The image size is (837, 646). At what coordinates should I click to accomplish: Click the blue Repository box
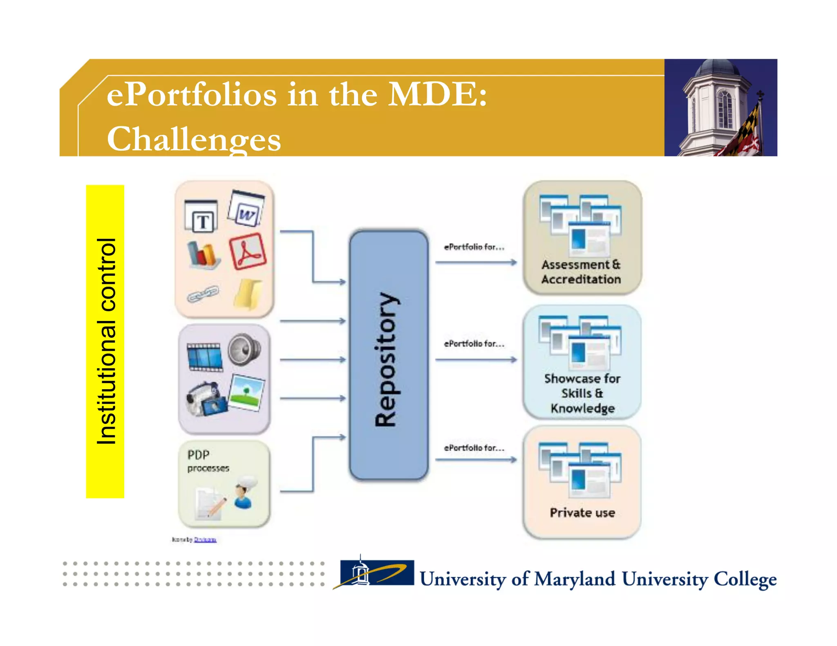pyautogui.click(x=388, y=354)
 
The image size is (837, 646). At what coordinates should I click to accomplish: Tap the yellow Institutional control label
pyautogui.click(x=105, y=341)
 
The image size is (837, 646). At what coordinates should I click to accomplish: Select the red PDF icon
pyautogui.click(x=248, y=251)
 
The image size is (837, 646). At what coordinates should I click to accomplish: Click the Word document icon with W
pyautogui.click(x=246, y=209)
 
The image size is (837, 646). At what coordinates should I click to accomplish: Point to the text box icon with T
pyautogui.click(x=201, y=216)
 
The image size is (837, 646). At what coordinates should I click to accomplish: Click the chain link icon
pyautogui.click(x=203, y=294)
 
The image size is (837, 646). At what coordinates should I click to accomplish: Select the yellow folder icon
pyautogui.click(x=248, y=294)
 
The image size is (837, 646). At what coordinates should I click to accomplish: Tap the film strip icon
pyautogui.click(x=205, y=357)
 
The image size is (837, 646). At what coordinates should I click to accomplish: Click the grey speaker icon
pyautogui.click(x=244, y=349)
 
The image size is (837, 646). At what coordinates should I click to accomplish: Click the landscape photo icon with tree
pyautogui.click(x=247, y=392)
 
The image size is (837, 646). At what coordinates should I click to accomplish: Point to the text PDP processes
pyautogui.click(x=208, y=461)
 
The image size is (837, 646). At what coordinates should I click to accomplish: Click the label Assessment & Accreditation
pyautogui.click(x=581, y=272)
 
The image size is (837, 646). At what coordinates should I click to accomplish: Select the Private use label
pyautogui.click(x=582, y=512)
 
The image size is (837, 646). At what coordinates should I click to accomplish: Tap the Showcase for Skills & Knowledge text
pyautogui.click(x=582, y=393)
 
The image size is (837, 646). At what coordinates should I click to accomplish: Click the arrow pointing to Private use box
pyautogui.click(x=476, y=460)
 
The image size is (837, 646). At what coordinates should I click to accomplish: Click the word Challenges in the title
pyautogui.click(x=194, y=139)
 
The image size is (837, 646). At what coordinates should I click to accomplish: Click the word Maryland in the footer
pyautogui.click(x=574, y=579)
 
